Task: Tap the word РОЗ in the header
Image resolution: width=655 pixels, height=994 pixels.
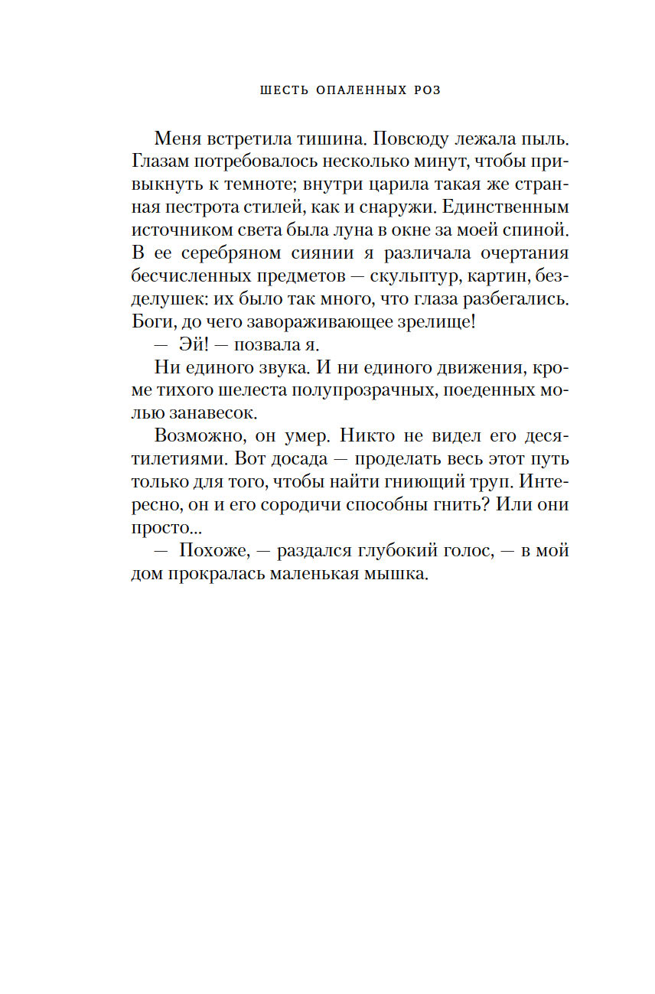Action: pos(427,90)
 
